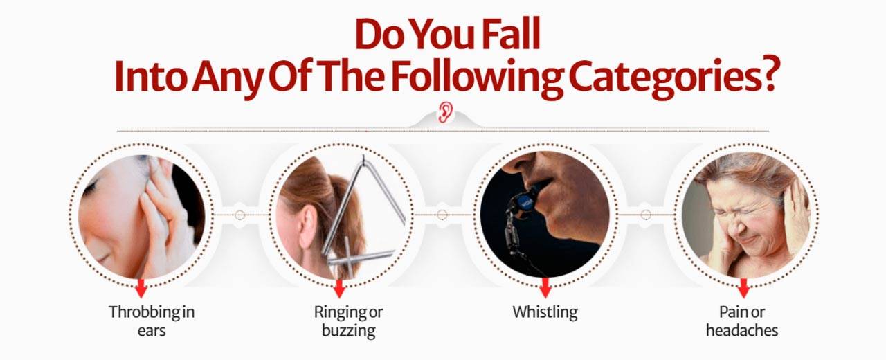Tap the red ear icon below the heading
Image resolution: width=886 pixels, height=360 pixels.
[445, 112]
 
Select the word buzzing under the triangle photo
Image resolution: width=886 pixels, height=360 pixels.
[348, 331]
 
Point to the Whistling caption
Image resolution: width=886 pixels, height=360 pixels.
[545, 312]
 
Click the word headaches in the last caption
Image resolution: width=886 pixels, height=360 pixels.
[742, 330]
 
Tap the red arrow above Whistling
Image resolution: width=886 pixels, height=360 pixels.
[545, 287]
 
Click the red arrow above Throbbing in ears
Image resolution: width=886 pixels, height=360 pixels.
[141, 288]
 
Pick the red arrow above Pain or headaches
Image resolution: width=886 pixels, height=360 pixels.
[743, 288]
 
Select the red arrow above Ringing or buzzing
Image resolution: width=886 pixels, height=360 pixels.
[339, 288]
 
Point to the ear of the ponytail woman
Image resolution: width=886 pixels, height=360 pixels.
[307, 229]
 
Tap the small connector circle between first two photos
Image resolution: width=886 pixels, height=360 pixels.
[239, 215]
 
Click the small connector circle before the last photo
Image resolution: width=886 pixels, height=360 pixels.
[646, 215]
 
